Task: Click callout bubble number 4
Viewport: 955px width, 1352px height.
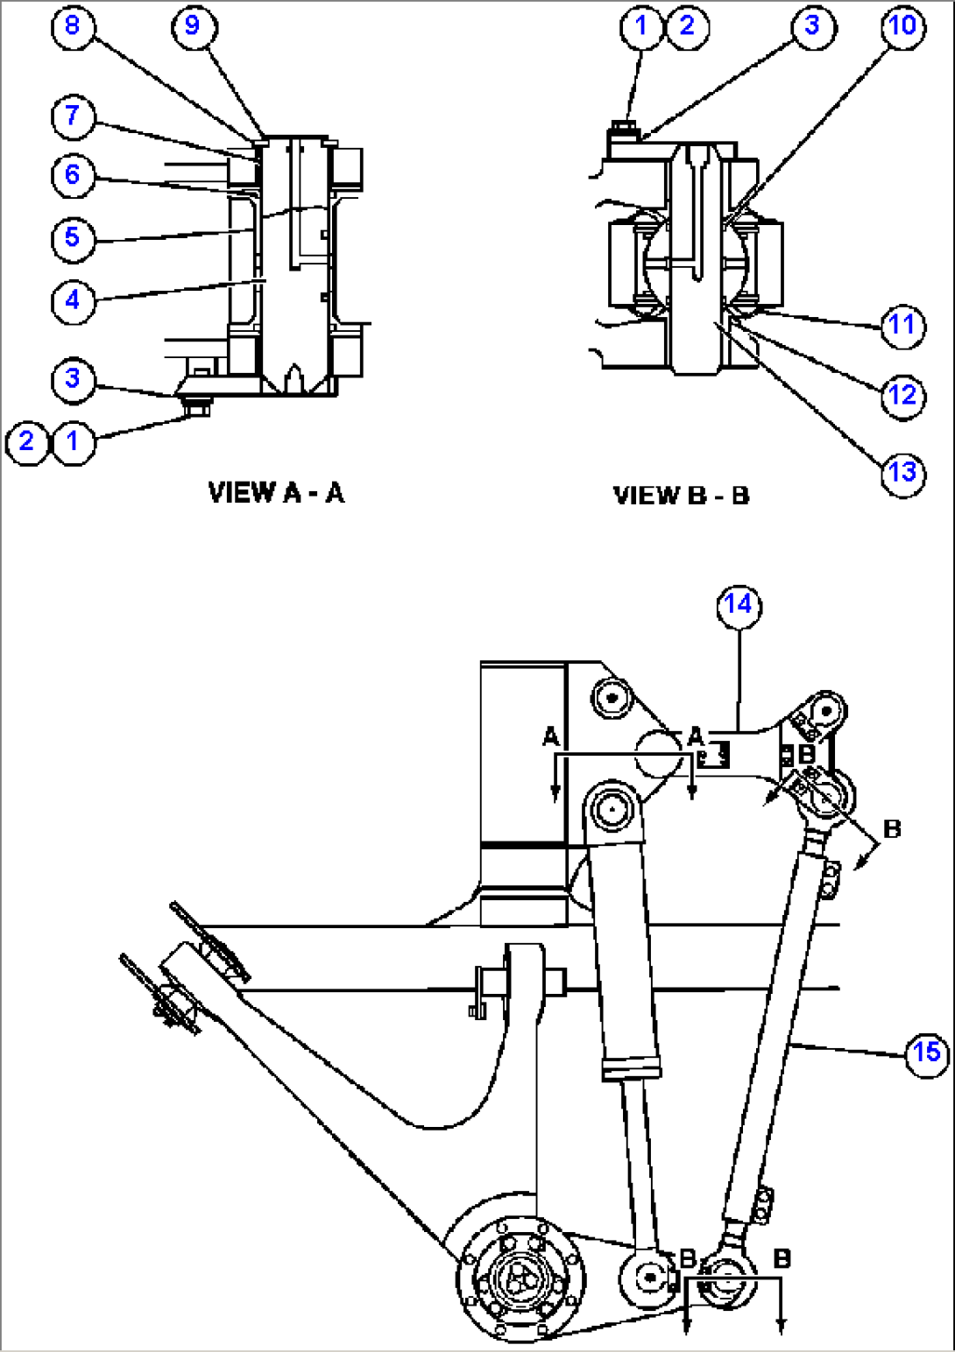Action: click(x=72, y=299)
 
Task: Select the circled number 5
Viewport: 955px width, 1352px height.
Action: click(x=72, y=236)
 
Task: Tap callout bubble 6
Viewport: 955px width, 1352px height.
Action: click(x=72, y=174)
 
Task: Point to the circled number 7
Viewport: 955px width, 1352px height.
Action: click(x=72, y=115)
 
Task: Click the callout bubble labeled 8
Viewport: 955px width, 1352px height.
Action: click(x=72, y=25)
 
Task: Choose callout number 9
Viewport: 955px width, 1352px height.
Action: click(x=192, y=25)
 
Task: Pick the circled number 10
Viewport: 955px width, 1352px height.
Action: click(x=902, y=25)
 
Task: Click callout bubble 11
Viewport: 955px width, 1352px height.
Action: click(x=902, y=325)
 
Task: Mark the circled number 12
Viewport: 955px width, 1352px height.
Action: click(x=902, y=395)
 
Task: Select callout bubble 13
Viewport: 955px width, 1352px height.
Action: click(x=902, y=473)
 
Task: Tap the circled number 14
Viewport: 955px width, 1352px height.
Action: click(x=739, y=604)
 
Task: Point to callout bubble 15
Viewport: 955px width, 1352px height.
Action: click(x=927, y=1052)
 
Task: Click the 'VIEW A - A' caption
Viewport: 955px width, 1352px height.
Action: click(x=277, y=493)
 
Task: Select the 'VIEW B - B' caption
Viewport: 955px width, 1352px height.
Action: click(x=681, y=496)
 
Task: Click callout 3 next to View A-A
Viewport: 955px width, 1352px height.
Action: click(x=72, y=378)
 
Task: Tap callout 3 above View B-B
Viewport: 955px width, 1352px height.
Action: click(x=812, y=25)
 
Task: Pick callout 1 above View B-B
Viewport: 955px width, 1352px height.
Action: click(x=641, y=25)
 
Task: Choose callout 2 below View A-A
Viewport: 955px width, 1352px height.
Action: click(x=26, y=440)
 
